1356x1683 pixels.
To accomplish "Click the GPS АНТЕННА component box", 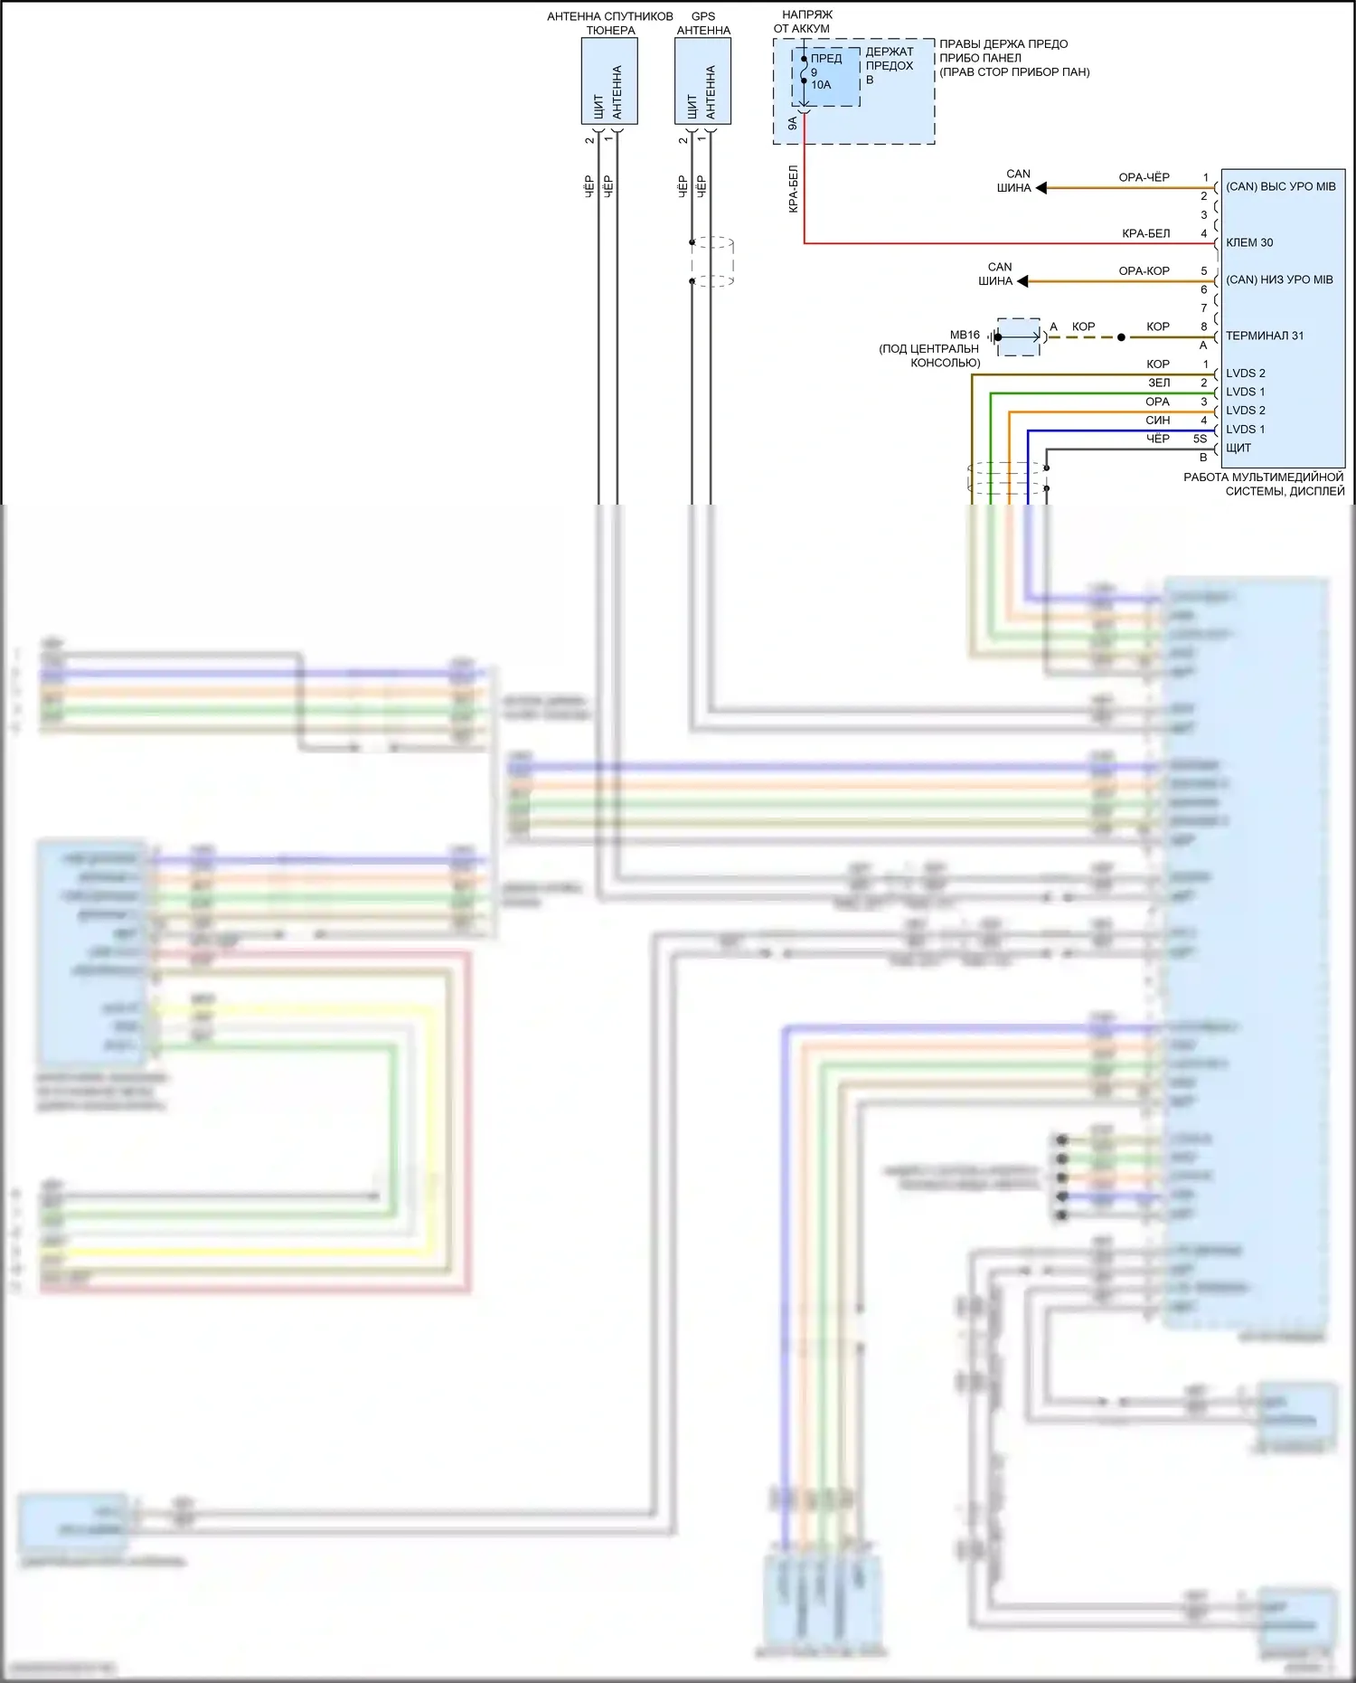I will pyautogui.click(x=702, y=81).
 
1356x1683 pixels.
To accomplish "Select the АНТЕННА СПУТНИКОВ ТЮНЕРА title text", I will pyautogui.click(x=610, y=24).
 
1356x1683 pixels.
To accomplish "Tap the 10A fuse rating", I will pyautogui.click(x=821, y=85).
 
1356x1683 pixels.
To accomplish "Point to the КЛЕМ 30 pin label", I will pyautogui.click(x=1249, y=242).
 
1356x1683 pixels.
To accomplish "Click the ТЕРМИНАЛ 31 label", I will pyautogui.click(x=1265, y=336).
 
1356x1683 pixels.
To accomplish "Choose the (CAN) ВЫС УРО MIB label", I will pyautogui.click(x=1280, y=186).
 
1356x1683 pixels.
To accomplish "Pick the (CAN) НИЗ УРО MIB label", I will pyautogui.click(x=1279, y=279).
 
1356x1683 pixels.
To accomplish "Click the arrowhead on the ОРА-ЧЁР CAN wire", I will pyautogui.click(x=1041, y=188).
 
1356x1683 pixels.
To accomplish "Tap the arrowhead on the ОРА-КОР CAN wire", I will pyautogui.click(x=1022, y=281).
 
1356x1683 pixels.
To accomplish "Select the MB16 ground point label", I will pyautogui.click(x=965, y=335).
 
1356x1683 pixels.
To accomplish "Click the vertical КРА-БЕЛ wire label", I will pyautogui.click(x=793, y=189).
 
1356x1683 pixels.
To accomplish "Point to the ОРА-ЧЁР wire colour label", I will pyautogui.click(x=1144, y=177).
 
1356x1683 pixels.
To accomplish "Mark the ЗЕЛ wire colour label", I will pyautogui.click(x=1159, y=383).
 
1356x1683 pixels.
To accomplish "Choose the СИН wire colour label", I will pyautogui.click(x=1157, y=420).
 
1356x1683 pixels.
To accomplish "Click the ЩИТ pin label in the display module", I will pyautogui.click(x=1238, y=448).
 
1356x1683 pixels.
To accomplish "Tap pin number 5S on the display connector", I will pyautogui.click(x=1200, y=439).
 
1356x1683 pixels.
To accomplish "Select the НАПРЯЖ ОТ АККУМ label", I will pyautogui.click(x=804, y=22).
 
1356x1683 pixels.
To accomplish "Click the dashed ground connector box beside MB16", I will pyautogui.click(x=1020, y=336).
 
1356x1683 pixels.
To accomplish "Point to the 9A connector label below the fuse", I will pyautogui.click(x=793, y=123).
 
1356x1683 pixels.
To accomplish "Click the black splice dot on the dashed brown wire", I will pyautogui.click(x=1121, y=337).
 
